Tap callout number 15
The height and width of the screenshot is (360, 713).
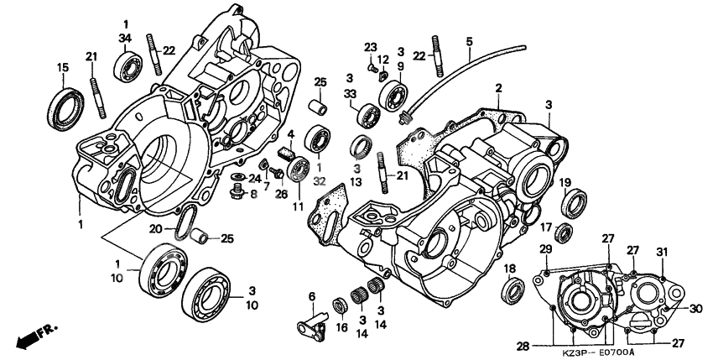pyautogui.click(x=62, y=67)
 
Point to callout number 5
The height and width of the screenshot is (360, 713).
pyautogui.click(x=469, y=41)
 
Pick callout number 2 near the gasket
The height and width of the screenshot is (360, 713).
pyautogui.click(x=497, y=88)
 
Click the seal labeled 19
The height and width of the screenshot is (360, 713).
pyautogui.click(x=575, y=203)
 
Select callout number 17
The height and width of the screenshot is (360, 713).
pyautogui.click(x=545, y=227)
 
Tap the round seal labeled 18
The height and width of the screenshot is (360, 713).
pyautogui.click(x=511, y=292)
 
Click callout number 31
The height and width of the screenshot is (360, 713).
pyautogui.click(x=661, y=253)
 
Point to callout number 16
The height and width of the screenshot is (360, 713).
pyautogui.click(x=340, y=328)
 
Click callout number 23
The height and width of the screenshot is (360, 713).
pyautogui.click(x=370, y=45)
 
